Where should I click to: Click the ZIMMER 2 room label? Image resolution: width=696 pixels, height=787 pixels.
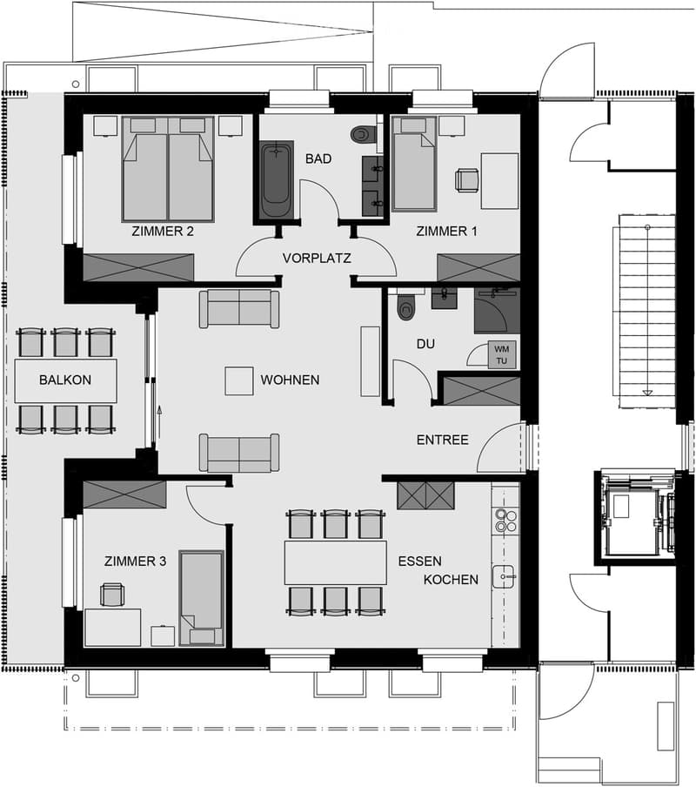click(x=163, y=232)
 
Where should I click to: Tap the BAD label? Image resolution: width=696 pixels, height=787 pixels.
click(x=318, y=159)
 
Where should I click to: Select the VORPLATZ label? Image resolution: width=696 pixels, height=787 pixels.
click(x=317, y=259)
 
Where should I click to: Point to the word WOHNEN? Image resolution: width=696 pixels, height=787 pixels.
click(x=290, y=380)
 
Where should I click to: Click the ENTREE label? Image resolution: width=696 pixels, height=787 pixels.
click(x=443, y=441)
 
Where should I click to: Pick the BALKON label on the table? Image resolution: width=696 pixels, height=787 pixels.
click(x=65, y=380)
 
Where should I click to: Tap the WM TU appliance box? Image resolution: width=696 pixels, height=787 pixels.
click(x=501, y=355)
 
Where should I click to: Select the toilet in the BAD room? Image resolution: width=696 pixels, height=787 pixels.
click(x=364, y=134)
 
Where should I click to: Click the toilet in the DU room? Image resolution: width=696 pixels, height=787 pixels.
click(x=406, y=306)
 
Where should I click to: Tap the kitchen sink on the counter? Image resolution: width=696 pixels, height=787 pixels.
click(x=503, y=576)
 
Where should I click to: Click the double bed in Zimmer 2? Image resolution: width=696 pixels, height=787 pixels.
click(x=169, y=169)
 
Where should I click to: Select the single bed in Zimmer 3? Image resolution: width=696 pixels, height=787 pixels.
click(x=202, y=598)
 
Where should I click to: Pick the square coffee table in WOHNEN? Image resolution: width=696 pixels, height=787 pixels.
click(x=238, y=381)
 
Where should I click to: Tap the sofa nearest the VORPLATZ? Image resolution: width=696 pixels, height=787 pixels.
click(x=239, y=309)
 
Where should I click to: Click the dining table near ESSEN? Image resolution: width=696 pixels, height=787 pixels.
click(x=336, y=562)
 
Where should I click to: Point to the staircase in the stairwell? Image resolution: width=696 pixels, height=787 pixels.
click(x=647, y=312)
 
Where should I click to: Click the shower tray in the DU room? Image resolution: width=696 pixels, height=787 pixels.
click(x=497, y=311)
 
